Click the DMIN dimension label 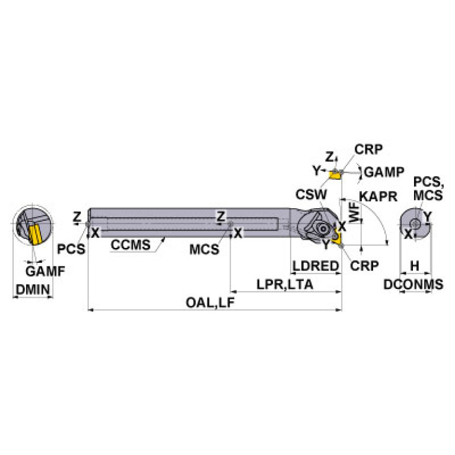coord(33,289)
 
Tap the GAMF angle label coord(45,271)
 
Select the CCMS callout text coord(131,244)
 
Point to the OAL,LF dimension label coord(210,303)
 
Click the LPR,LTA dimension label coord(285,284)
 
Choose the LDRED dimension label coord(316,266)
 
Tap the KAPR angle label coord(378,196)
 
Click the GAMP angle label coord(384,172)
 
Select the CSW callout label coord(311,195)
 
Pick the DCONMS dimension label coord(413,284)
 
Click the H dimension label coord(415,266)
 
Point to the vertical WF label coord(354,213)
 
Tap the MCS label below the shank coord(204,250)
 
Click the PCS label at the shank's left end coord(71,249)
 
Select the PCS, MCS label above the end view coord(428,188)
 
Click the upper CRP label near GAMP coord(368,149)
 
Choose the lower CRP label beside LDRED coord(364,266)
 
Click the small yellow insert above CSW coord(335,175)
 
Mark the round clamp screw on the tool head coord(323,229)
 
